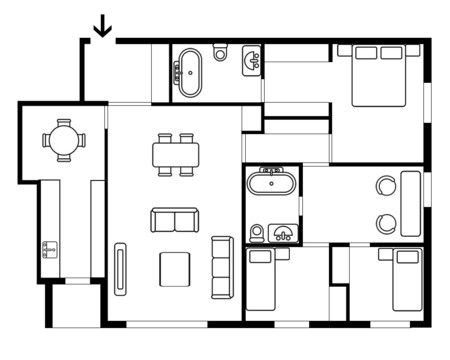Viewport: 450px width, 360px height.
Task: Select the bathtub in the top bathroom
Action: click(x=189, y=72)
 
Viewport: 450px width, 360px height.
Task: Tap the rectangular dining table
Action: click(x=176, y=154)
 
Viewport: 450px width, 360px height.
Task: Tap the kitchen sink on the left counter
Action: click(x=46, y=246)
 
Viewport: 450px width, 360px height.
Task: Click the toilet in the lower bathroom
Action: click(x=257, y=233)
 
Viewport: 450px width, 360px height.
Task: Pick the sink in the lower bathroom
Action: click(x=285, y=234)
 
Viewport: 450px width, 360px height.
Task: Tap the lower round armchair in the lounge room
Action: click(x=386, y=222)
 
